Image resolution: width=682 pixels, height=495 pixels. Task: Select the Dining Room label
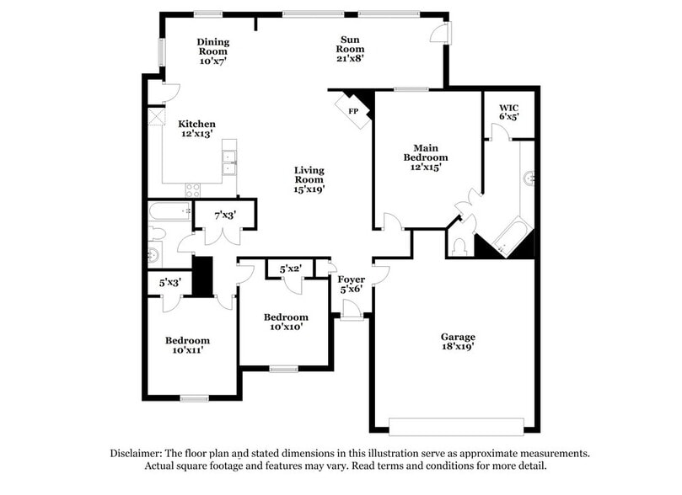pyautogui.click(x=213, y=51)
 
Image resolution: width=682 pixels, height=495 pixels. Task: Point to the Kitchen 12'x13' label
pyautogui.click(x=196, y=129)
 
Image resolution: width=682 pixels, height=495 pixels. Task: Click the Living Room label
pyautogui.click(x=309, y=179)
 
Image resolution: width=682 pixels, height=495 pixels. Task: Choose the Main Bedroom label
pyautogui.click(x=425, y=157)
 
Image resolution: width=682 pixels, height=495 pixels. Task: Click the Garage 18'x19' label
pyautogui.click(x=458, y=342)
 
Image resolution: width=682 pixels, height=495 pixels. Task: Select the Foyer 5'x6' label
pyautogui.click(x=351, y=285)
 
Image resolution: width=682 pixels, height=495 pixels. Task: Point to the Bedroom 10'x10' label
pyautogui.click(x=285, y=322)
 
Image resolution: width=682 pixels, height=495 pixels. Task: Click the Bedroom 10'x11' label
pyautogui.click(x=187, y=345)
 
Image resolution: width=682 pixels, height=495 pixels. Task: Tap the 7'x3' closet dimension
pyautogui.click(x=223, y=216)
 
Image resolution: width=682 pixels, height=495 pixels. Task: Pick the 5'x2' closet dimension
pyautogui.click(x=290, y=269)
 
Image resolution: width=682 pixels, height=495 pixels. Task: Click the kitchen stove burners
pyautogui.click(x=193, y=190)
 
